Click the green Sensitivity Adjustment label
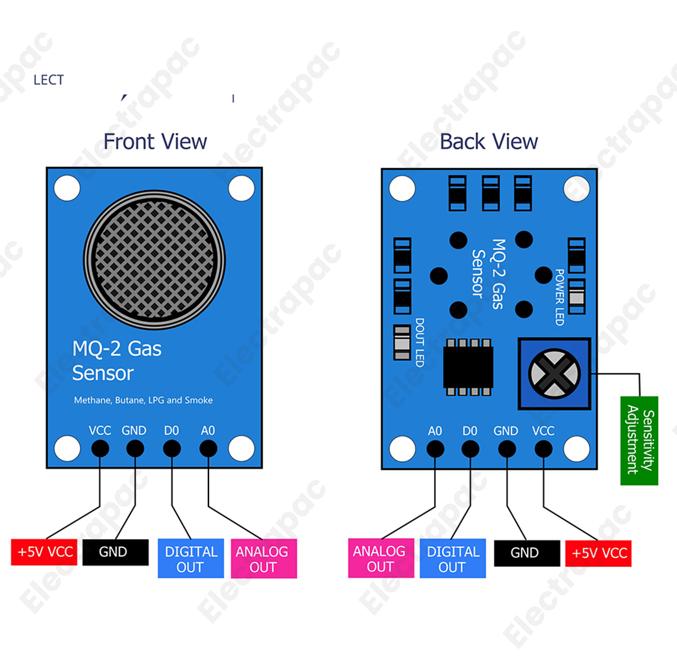(x=639, y=440)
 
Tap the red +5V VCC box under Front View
(x=44, y=552)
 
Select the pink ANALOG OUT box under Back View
(x=380, y=558)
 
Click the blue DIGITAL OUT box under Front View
(x=191, y=559)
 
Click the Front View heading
(x=155, y=141)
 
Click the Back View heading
(x=489, y=141)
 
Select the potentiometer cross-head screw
(x=554, y=373)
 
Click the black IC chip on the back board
(x=468, y=367)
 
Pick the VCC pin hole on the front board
(x=100, y=448)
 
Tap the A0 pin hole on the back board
(x=435, y=448)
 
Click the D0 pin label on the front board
(x=171, y=431)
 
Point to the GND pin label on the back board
(x=506, y=431)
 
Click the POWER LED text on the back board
(x=559, y=297)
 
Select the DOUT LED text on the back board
(x=419, y=343)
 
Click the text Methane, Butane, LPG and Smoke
(x=144, y=400)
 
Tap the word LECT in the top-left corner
(x=48, y=80)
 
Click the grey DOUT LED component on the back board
(x=401, y=343)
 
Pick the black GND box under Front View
(x=115, y=552)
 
